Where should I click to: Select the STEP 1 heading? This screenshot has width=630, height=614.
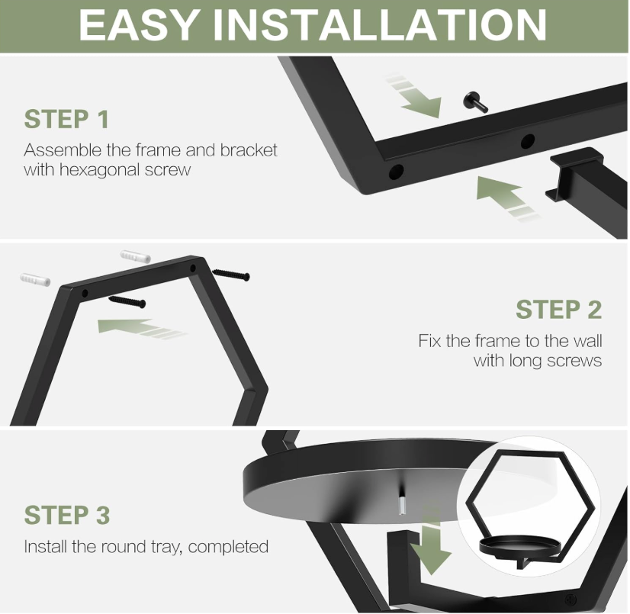66,119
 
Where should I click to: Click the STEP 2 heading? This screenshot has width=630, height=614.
559,310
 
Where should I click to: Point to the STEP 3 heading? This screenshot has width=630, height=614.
66,515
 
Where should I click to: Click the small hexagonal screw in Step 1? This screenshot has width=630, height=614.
476,102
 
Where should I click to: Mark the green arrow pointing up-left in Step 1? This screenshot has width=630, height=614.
506,198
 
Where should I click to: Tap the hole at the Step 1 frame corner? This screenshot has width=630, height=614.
396,172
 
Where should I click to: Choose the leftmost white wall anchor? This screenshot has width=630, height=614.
35,280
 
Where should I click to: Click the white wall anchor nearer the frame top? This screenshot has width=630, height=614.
136,256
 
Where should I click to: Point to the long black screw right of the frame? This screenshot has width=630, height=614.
231,275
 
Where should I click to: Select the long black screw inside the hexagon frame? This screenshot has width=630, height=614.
127,301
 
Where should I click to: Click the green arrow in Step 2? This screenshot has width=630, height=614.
140,328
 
